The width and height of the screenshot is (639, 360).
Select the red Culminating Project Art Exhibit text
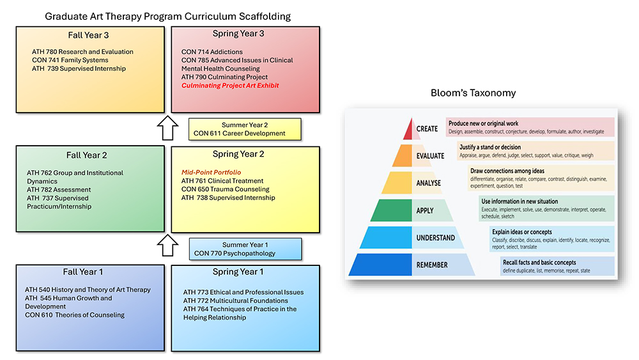tap(230, 86)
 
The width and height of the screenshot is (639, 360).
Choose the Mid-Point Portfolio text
tap(210, 172)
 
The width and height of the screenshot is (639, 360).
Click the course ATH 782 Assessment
tap(59, 190)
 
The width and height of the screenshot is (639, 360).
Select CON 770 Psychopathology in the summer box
tap(235, 253)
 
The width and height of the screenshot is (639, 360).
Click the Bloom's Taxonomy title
tap(473, 93)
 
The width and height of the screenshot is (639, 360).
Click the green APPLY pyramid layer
tap(391, 210)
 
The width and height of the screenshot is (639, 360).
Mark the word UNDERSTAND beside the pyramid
tap(436, 238)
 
